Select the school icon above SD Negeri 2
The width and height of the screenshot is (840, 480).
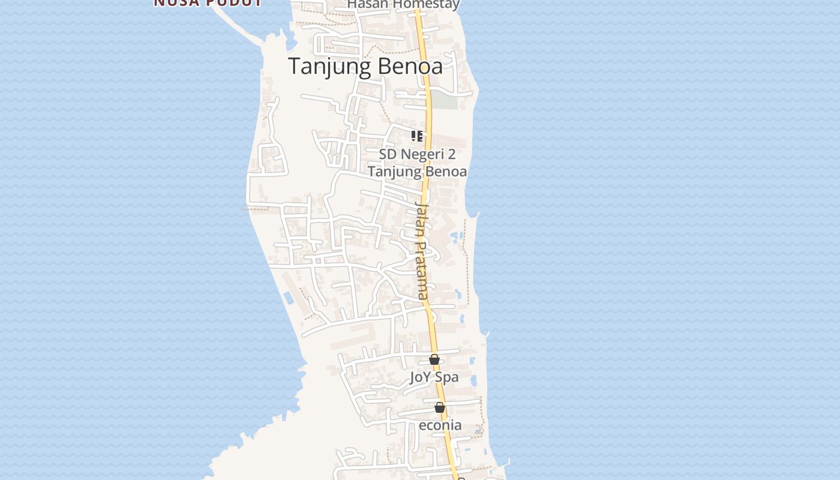click(417, 136)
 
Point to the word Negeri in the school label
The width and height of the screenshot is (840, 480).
click(419, 154)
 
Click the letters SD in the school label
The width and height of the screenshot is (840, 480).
click(388, 154)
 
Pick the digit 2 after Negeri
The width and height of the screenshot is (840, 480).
click(451, 154)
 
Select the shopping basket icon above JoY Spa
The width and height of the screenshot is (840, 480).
click(434, 360)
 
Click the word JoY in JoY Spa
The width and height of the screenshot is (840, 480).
click(421, 377)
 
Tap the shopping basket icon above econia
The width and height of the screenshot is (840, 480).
click(440, 408)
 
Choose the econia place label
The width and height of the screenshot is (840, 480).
click(440, 425)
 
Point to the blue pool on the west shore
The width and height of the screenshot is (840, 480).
click(288, 297)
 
